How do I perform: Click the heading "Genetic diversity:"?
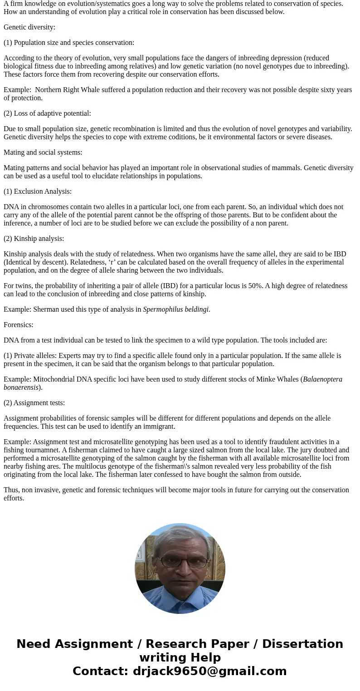(29, 27)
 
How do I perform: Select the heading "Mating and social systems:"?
(43, 152)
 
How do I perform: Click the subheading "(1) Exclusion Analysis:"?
(38, 191)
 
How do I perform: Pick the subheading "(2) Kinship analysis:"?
(34, 239)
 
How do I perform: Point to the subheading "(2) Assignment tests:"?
(34, 403)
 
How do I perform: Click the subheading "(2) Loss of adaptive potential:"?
(47, 113)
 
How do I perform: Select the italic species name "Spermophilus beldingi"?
(175, 309)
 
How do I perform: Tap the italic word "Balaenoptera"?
(322, 379)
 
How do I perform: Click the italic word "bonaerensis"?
(21, 387)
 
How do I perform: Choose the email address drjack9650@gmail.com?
(209, 671)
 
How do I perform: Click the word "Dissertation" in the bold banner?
(302, 644)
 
